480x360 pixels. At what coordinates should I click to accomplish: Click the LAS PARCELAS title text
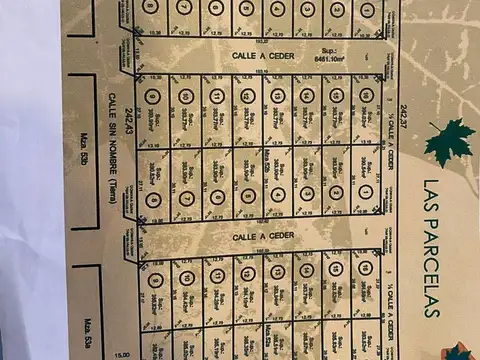pyautogui.click(x=432, y=248)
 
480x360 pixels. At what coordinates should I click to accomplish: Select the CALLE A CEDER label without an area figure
pyautogui.click(x=258, y=238)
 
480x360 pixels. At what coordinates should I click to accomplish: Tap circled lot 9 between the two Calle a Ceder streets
pyautogui.click(x=153, y=97)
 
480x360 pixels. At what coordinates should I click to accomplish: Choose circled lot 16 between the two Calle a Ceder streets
pyautogui.click(x=368, y=97)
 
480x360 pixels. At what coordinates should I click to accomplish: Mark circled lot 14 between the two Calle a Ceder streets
pyautogui.click(x=307, y=97)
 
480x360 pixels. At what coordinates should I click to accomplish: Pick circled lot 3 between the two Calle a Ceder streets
pyautogui.click(x=307, y=198)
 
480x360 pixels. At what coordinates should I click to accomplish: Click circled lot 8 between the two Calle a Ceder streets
pyautogui.click(x=153, y=198)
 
